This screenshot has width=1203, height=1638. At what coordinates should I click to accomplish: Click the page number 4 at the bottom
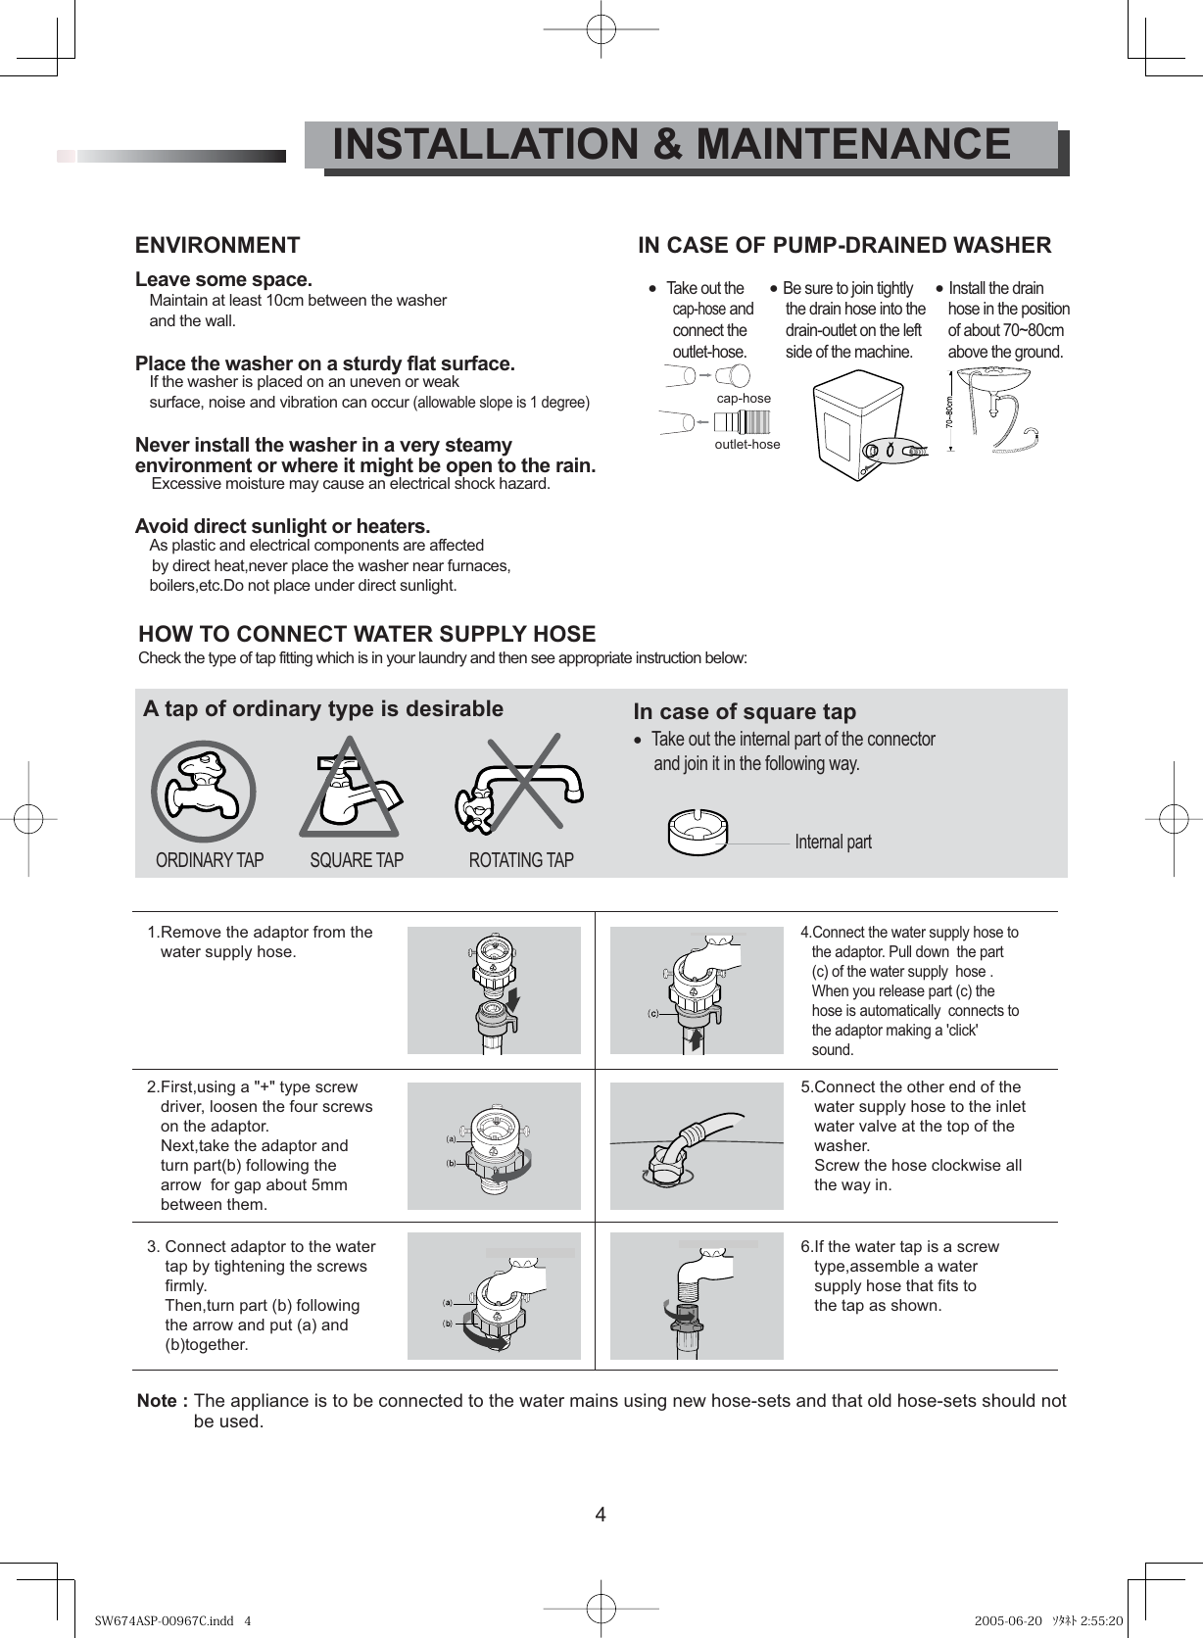601,1515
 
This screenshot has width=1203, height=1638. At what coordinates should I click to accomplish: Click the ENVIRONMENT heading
217,245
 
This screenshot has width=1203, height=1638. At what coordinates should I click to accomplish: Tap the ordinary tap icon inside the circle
203,792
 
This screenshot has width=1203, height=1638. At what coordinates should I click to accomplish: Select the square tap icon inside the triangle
349,790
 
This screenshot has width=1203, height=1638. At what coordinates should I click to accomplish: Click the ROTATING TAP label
521,860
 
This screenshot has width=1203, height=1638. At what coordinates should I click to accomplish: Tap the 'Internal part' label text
833,842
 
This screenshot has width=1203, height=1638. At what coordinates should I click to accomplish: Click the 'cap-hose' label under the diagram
744,399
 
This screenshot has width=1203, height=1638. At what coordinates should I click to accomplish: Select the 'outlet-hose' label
747,445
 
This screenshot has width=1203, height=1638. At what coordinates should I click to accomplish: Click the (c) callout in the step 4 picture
652,1012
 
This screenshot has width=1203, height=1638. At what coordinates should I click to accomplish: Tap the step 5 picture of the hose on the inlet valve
697,1146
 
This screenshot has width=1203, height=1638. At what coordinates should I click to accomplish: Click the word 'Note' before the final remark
157,1401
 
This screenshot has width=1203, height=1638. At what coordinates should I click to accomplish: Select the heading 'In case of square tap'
745,712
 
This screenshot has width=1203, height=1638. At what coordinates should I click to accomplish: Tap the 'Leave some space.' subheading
223,280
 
